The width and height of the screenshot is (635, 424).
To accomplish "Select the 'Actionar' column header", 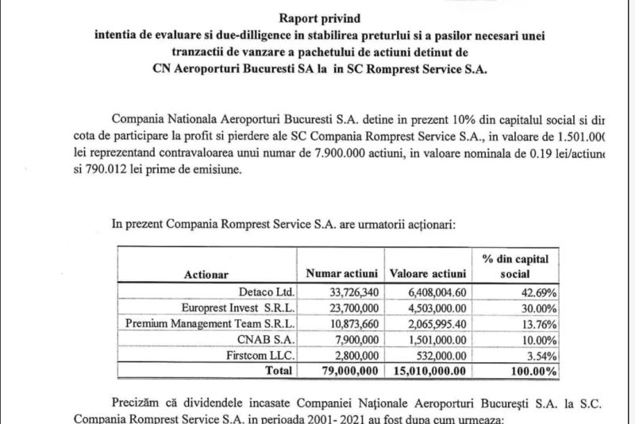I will point(206,275).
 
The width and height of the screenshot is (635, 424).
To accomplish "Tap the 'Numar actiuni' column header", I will point(339,275).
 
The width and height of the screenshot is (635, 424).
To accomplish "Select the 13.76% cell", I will point(538,324).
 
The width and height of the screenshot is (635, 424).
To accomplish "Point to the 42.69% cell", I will point(538,292).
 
